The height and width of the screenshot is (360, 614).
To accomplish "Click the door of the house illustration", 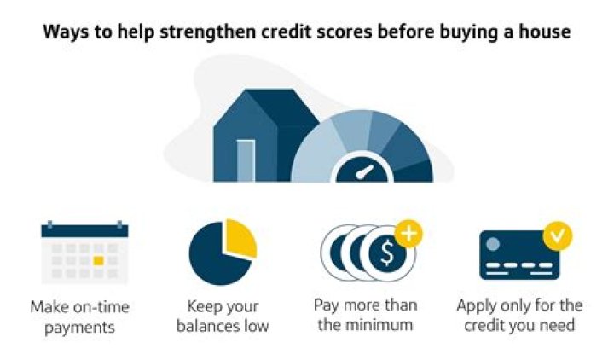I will coord(246,160).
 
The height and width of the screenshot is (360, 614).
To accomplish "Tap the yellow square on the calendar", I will coord(98,259).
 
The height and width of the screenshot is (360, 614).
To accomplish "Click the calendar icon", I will coord(84,252).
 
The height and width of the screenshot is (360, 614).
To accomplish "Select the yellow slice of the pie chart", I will coord(240,238).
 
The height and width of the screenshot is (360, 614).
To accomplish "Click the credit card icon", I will coord(518,255).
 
